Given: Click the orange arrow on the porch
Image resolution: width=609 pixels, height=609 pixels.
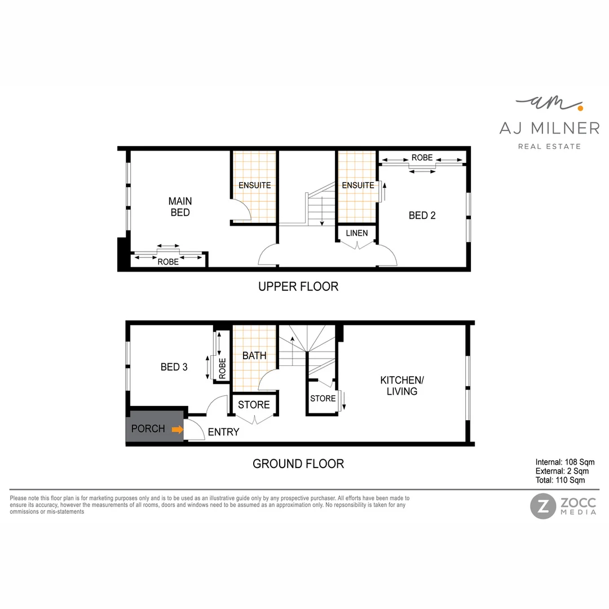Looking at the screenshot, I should tap(178, 430).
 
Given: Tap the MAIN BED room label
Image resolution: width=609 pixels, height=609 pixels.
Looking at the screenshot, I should tap(180, 207).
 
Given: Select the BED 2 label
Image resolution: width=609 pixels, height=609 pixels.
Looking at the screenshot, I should tap(422, 215).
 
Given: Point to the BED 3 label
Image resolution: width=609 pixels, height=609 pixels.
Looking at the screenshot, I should tap(174, 367).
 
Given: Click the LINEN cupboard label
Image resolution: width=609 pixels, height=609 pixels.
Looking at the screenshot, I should tap(356, 233).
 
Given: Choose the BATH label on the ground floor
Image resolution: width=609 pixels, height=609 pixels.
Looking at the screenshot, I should tap(254, 356).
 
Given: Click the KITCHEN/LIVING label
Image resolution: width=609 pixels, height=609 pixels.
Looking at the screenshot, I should tap(401, 386).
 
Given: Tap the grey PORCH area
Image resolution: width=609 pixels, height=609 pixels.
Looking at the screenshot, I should tap(148, 429).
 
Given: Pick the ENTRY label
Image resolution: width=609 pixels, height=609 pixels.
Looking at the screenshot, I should tap(223, 433).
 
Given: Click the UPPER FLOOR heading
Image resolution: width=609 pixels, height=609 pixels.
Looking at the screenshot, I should tap(298, 286).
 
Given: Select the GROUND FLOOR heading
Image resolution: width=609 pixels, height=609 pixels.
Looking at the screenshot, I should tap(298, 464).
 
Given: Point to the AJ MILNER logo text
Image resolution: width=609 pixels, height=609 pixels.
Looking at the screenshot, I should tap(549, 129).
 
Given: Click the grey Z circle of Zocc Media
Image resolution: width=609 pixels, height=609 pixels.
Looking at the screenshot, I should tap(542, 506).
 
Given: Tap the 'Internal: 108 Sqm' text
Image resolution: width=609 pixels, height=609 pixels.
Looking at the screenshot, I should tap(564, 462).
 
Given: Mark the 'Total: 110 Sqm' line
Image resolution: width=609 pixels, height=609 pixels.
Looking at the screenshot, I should tap(560, 480).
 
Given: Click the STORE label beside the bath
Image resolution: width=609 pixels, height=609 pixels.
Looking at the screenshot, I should tap(254, 405).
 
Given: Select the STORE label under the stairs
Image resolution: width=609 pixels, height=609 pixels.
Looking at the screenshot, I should tap(323, 399).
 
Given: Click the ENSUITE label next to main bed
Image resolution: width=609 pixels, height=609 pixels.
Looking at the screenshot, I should tap(254, 185).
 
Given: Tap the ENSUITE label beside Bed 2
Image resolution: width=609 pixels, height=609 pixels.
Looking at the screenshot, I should tap(358, 185).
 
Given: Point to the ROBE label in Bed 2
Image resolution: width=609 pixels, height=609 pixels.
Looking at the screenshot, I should tap(422, 158).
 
